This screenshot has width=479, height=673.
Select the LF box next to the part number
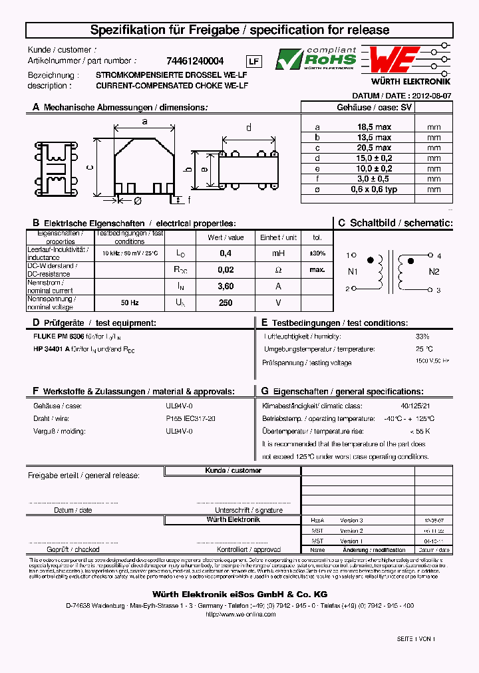coord(255,62)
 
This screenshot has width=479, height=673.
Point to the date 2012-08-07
coord(429,96)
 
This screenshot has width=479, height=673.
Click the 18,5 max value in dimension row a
coord(374,127)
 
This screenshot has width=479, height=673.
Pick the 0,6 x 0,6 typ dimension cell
coord(374,190)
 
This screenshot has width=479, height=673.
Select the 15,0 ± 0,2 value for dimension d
coord(374,158)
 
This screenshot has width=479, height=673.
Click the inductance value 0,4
coord(226,253)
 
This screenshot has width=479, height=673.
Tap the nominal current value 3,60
coord(226,286)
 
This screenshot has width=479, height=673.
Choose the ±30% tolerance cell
coord(317,253)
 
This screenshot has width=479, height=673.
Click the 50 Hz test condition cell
coord(130,303)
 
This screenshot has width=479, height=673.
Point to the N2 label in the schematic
coord(434,271)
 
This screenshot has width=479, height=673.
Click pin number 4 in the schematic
coord(438,255)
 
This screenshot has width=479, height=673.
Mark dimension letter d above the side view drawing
coord(249,128)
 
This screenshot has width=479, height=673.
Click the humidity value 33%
coord(422,336)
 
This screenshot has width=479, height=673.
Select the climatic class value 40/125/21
coord(416,406)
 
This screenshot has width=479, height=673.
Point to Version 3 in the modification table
coord(351,521)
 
